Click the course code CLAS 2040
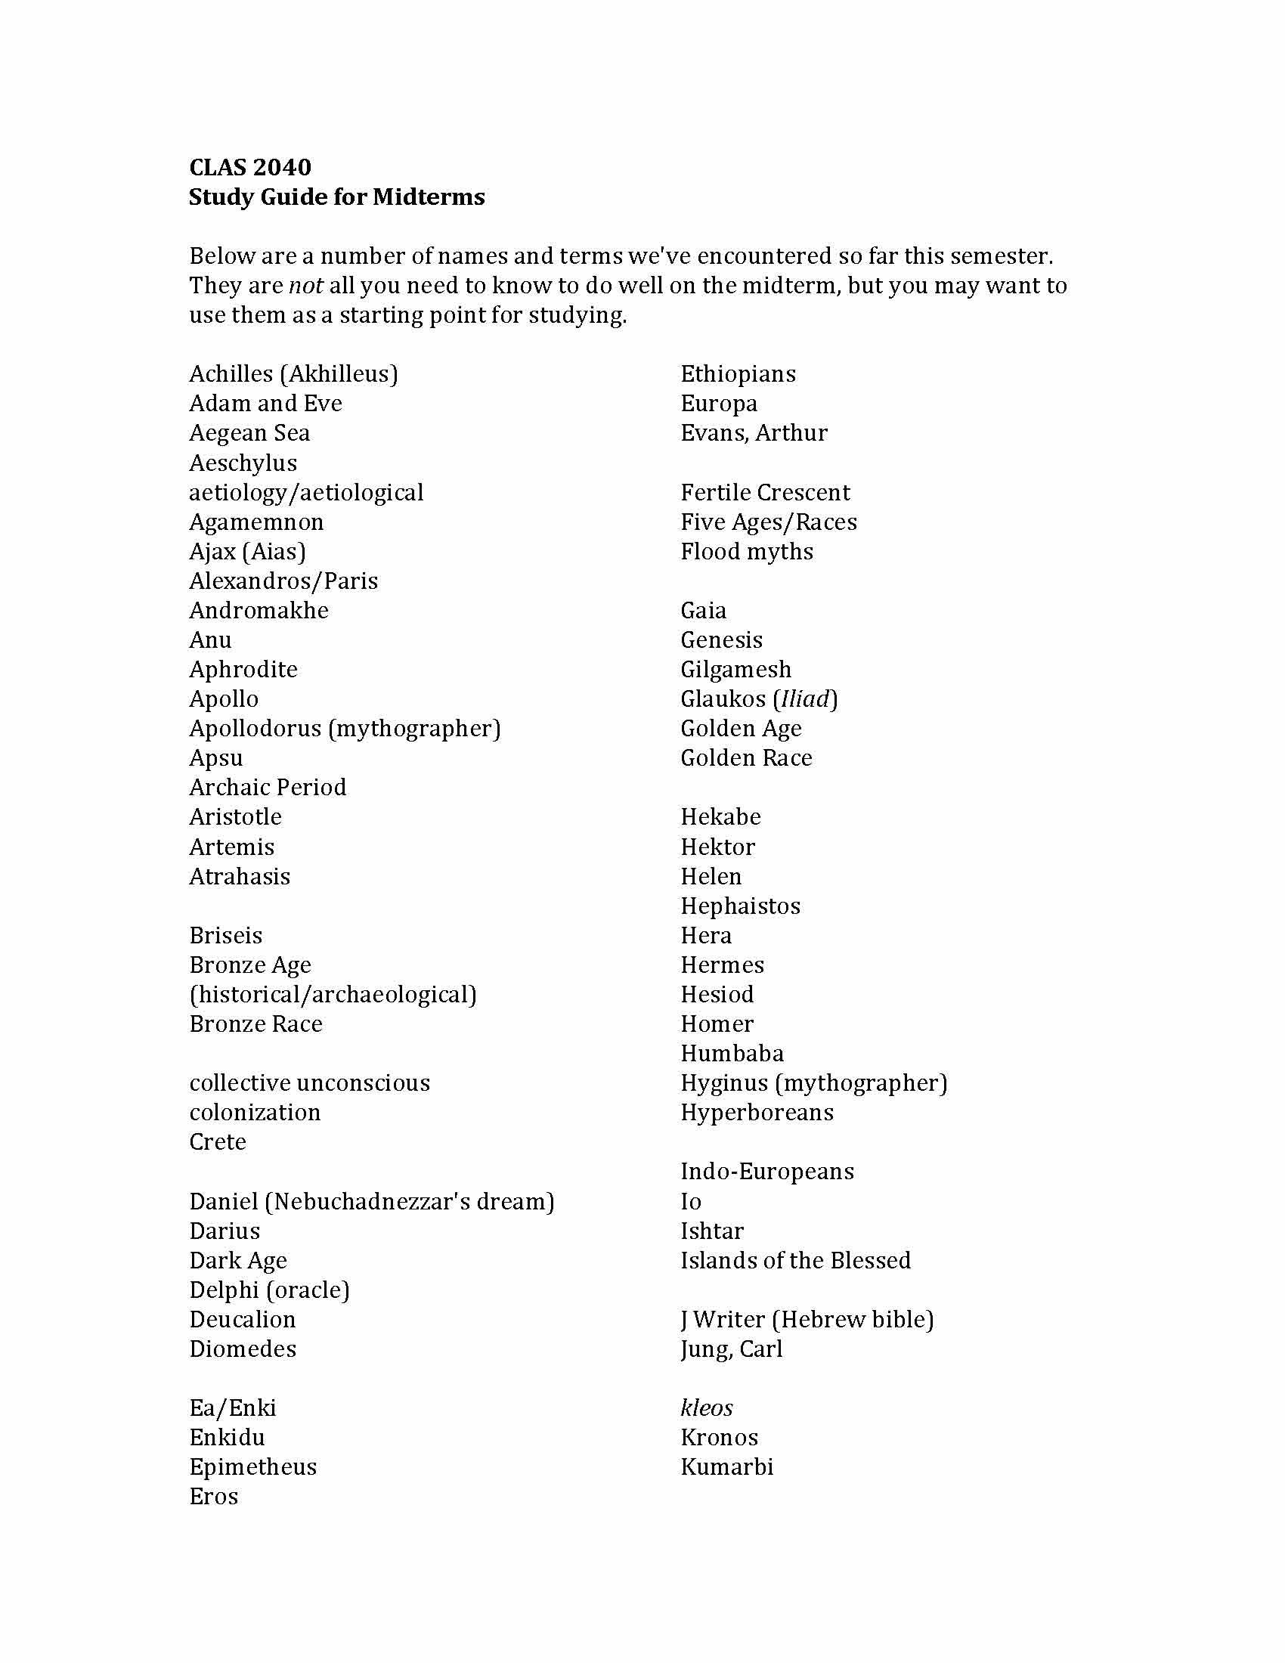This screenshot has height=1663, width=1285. coord(249,167)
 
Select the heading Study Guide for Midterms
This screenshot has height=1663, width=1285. coord(336,197)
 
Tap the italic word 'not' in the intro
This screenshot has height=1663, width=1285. coord(305,286)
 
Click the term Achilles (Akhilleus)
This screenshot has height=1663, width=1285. coord(293,374)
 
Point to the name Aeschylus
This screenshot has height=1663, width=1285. coord(243,463)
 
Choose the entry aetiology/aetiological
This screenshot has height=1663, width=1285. coord(306,493)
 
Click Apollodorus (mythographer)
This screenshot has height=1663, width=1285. coord(345,729)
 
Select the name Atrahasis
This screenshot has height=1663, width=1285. coord(240,876)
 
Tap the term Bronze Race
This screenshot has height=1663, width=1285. coord(255,1024)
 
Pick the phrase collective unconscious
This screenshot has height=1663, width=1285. coord(309,1082)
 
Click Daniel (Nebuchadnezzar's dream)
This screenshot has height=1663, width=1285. coord(371,1202)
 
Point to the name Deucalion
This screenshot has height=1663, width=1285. coord(242,1320)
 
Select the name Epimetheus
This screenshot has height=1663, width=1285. coord(252,1467)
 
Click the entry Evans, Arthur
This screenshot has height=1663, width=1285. coord(754,433)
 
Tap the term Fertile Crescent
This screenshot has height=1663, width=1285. coord(765,493)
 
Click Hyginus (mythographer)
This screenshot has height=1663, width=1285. coord(814,1082)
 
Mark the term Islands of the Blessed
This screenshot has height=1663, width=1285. coord(795,1260)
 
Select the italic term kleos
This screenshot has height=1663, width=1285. coord(707,1408)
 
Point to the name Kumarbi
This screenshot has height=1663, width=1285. coord(727,1467)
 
